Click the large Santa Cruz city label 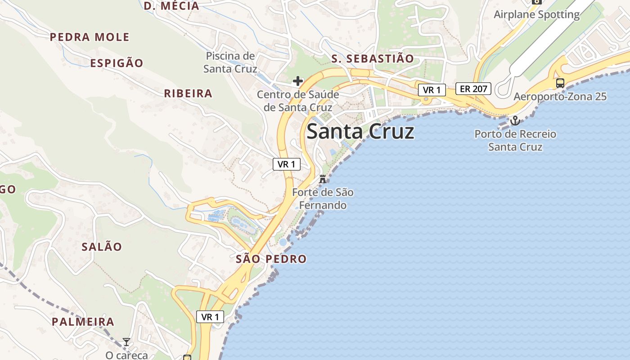coord(360,132)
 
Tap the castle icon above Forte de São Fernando coord(322,179)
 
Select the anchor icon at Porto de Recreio coord(515,121)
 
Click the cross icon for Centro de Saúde coord(297,81)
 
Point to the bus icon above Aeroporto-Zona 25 coord(560,83)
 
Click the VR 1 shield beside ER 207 coord(432,90)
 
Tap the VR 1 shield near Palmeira coord(210,317)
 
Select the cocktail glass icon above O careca coord(126,342)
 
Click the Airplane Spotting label coord(536,14)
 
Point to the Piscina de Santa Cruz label coord(230,63)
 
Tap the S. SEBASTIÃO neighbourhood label coord(372,58)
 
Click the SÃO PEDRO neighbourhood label coord(271,259)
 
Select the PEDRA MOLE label coord(90,37)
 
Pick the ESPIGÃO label coord(117,63)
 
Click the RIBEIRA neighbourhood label coord(188,94)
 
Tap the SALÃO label coord(102,247)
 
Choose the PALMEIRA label coord(83,322)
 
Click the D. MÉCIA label coord(171,6)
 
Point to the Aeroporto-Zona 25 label coord(560,97)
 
